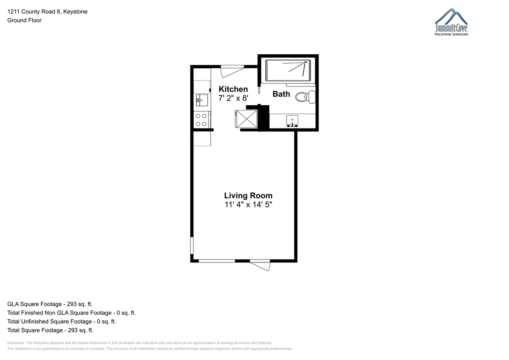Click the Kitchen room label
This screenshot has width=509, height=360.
click(233, 89)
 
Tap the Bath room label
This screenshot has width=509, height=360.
click(281, 94)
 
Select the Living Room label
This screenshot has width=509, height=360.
click(248, 195)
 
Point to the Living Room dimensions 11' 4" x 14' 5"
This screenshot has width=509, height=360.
click(248, 205)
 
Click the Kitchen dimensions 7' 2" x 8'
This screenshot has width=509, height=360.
click(233, 98)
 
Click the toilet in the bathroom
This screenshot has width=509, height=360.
click(305, 97)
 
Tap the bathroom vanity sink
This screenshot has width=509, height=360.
click(292, 121)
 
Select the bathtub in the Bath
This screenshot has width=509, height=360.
click(288, 70)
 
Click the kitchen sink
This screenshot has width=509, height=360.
click(202, 100)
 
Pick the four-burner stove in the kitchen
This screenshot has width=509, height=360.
click(202, 120)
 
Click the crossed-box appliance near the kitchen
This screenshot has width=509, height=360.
click(246, 119)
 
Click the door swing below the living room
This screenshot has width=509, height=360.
click(260, 265)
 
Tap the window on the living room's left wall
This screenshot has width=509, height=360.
click(192, 245)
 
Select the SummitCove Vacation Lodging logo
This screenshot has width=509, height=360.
click(451, 22)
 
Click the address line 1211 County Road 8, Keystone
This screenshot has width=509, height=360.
click(47, 11)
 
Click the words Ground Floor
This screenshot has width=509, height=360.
click(24, 20)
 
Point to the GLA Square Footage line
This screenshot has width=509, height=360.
click(50, 304)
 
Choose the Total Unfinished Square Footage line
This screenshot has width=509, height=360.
click(62, 321)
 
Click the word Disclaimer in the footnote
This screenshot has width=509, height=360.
click(16, 343)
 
